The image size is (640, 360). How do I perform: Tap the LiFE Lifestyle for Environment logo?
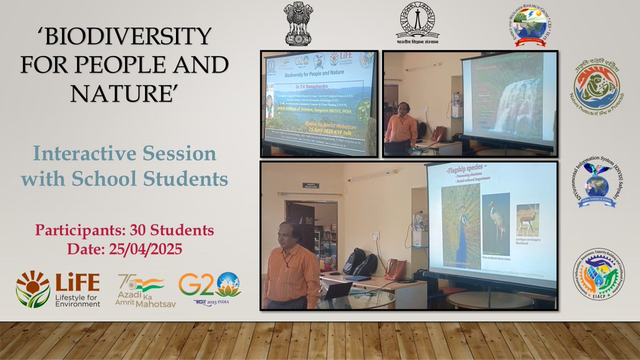coord(58,289)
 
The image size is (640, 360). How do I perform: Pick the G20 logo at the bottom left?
coord(209,289)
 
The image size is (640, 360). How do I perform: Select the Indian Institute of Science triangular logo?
coord(418,23)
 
